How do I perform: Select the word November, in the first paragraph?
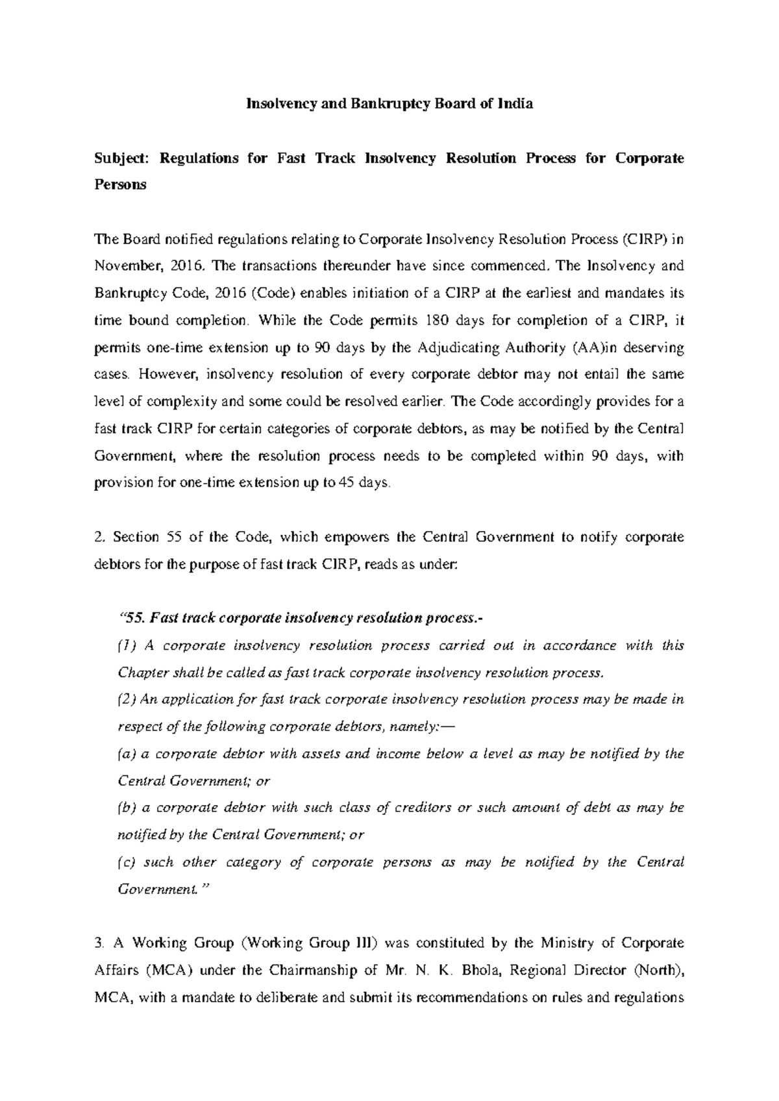(x=124, y=266)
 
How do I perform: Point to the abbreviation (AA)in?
(x=596, y=347)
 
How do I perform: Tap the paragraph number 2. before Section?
(x=99, y=537)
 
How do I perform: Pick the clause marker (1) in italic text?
(x=127, y=646)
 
